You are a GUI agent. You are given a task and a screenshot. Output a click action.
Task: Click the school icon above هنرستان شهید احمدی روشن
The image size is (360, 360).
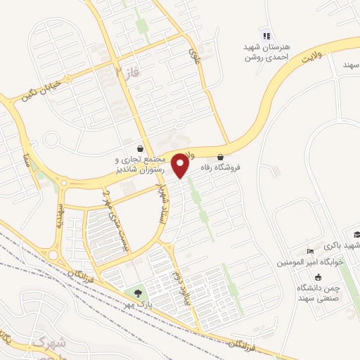[x=265, y=36]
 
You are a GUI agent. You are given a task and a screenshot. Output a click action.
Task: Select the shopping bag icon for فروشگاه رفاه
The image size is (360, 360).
[x=221, y=157]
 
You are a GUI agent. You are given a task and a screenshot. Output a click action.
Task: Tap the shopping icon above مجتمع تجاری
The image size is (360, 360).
[x=141, y=149]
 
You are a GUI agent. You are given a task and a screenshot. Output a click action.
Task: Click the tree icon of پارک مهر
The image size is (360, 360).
[x=137, y=292]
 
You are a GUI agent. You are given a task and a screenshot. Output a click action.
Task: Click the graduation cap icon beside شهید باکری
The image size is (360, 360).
[x=356, y=236]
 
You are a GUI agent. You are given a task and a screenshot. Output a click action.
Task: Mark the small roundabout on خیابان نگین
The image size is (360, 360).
[x=51, y=140]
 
